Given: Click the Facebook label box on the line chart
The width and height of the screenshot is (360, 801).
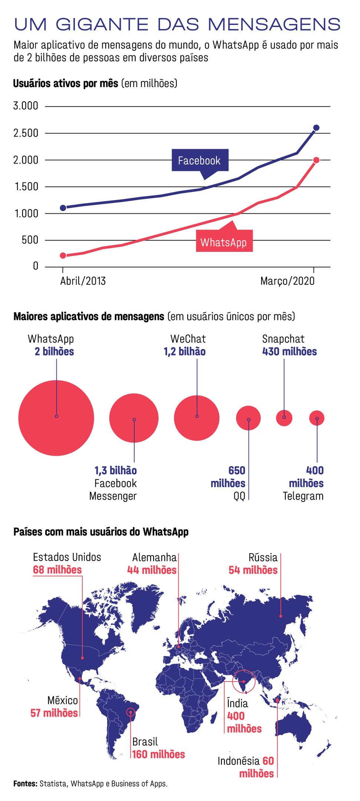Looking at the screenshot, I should click(x=200, y=160).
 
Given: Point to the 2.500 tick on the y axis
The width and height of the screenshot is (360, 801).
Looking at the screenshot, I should click(x=26, y=133).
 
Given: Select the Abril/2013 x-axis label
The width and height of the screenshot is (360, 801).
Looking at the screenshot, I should click(x=83, y=281).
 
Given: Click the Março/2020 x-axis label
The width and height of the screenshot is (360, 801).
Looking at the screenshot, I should click(x=287, y=281).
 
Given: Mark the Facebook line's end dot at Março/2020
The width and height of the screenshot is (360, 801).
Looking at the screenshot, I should click(x=316, y=128).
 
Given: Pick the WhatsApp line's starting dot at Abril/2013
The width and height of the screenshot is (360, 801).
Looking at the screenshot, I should click(x=63, y=256).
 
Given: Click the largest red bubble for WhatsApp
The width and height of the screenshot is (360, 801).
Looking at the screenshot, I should click(x=56, y=418).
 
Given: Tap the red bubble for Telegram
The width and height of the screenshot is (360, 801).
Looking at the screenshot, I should click(x=317, y=418).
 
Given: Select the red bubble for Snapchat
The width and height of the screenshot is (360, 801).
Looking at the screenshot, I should click(x=284, y=418).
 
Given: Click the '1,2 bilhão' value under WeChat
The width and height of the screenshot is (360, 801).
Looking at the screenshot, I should click(x=185, y=352).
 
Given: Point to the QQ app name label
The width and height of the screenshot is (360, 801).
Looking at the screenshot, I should click(x=240, y=496).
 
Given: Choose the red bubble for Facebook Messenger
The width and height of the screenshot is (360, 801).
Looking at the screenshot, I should click(x=134, y=418).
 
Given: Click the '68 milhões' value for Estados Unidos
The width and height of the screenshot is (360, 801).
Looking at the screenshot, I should click(x=57, y=570).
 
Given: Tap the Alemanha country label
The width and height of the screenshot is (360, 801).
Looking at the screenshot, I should click(x=154, y=557).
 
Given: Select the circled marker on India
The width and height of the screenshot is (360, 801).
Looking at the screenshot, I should click(x=244, y=681).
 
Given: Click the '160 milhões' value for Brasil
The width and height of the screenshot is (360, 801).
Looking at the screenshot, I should click(x=158, y=754).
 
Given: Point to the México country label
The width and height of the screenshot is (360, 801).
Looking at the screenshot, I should click(x=63, y=700).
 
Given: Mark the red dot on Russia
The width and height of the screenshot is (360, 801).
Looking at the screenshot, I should click(x=281, y=616).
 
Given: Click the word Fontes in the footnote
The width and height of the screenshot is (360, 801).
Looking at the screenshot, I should click(x=25, y=784).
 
